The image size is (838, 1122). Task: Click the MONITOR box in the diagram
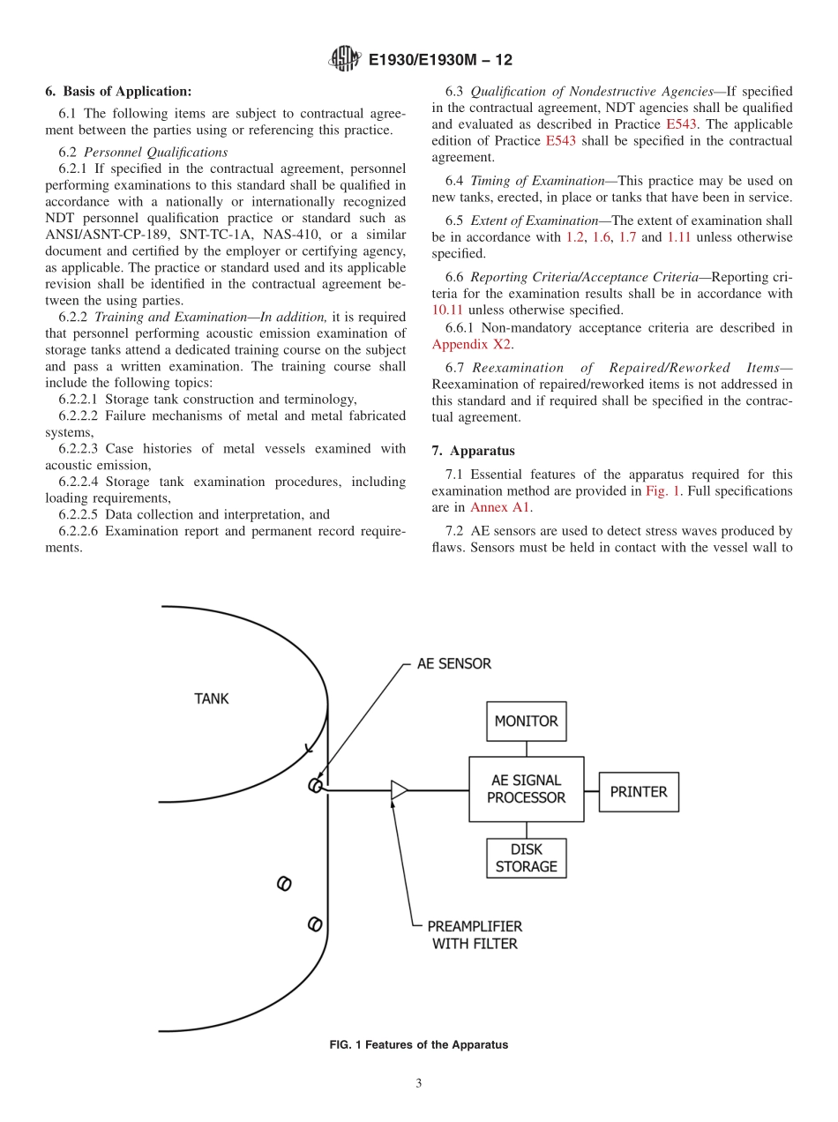526,722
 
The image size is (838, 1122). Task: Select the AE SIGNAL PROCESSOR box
526,789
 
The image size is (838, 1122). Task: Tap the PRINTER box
639,792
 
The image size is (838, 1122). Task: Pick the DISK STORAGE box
526,858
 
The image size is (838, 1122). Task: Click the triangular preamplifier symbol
399,790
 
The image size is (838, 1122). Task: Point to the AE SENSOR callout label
453,663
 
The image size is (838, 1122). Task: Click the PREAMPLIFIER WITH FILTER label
475,935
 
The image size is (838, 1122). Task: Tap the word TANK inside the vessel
211,699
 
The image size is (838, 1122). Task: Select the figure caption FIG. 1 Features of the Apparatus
418,1044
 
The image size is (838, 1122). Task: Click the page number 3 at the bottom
419,1084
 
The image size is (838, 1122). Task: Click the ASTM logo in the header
343,59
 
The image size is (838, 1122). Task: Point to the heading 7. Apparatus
473,451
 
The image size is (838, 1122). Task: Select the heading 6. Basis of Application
117,91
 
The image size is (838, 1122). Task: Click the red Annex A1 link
500,507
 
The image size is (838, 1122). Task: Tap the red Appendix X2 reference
471,344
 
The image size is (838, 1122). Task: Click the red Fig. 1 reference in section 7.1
662,490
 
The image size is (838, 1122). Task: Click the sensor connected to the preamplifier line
315,786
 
